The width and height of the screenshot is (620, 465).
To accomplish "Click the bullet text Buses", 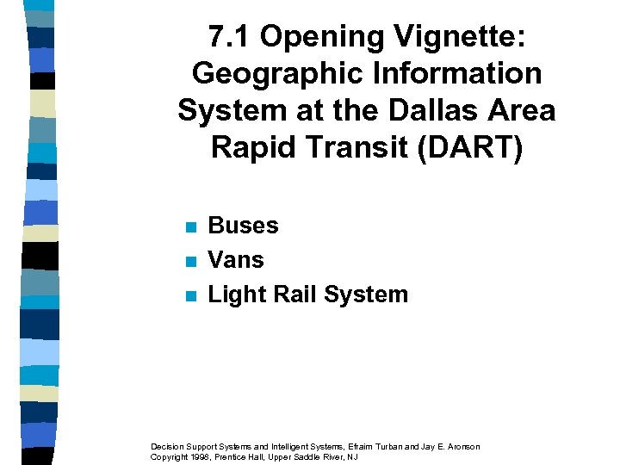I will tap(244, 226).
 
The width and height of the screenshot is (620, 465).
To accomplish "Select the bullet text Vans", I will tap(236, 260).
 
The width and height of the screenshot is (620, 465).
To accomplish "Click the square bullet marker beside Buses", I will tap(191, 227).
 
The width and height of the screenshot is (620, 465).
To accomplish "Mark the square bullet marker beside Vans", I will tap(191, 262).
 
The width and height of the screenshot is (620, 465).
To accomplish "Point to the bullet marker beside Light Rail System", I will tap(191, 296).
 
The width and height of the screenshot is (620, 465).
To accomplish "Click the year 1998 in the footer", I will tap(203, 456).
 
